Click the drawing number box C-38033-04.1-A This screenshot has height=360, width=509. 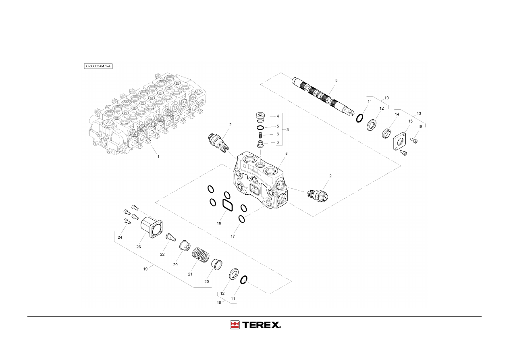(98, 67)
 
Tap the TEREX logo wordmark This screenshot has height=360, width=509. (262, 325)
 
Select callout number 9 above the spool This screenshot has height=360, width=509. (336, 81)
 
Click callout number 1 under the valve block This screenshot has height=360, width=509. (158, 157)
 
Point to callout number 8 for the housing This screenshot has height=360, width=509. (286, 154)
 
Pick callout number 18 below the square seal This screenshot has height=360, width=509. (219, 223)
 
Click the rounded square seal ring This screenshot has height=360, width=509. (227, 205)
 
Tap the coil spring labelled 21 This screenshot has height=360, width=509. (201, 255)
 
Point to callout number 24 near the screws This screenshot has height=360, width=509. (120, 237)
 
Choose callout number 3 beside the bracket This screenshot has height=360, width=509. (287, 129)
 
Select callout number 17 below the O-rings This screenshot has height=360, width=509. (233, 236)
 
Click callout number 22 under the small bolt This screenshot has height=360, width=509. (162, 254)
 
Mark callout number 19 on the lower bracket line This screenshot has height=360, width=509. (145, 269)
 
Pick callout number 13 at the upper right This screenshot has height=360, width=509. (419, 113)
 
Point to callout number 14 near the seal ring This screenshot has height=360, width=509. (397, 114)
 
